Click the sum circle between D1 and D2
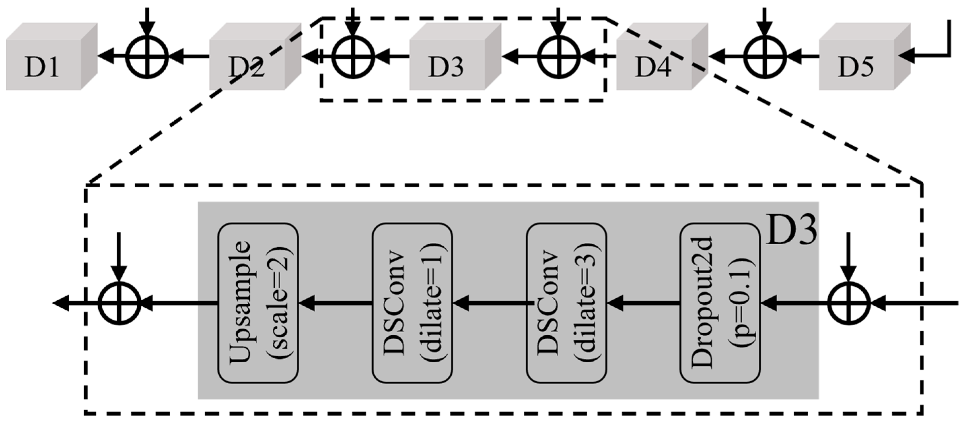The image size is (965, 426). [x=147, y=57]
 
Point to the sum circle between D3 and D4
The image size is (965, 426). [x=558, y=57]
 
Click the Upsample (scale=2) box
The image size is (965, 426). [x=258, y=303]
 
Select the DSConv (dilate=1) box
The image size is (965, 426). [x=412, y=303]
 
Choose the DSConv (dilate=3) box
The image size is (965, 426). [x=566, y=303]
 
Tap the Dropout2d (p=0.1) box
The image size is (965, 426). [x=720, y=303]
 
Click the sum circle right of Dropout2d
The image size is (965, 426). [x=849, y=303]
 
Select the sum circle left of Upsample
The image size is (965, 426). [x=119, y=303]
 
